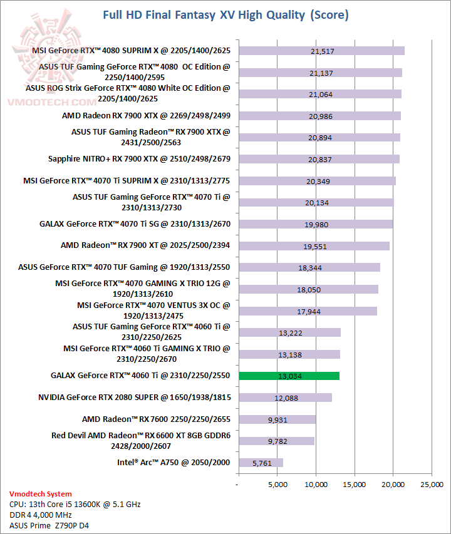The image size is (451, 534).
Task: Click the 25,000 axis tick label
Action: coord(432,483)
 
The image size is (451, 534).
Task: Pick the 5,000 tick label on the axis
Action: coord(277,483)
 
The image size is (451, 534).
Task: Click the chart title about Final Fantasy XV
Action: coord(225,14)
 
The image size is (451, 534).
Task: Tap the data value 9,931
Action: coord(277,419)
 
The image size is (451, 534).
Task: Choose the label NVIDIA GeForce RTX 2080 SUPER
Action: coord(134,397)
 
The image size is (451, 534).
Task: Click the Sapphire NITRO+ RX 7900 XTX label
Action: coord(139,159)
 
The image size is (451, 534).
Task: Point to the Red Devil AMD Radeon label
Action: coord(141,440)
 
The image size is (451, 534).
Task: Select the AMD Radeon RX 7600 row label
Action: coord(156,419)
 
